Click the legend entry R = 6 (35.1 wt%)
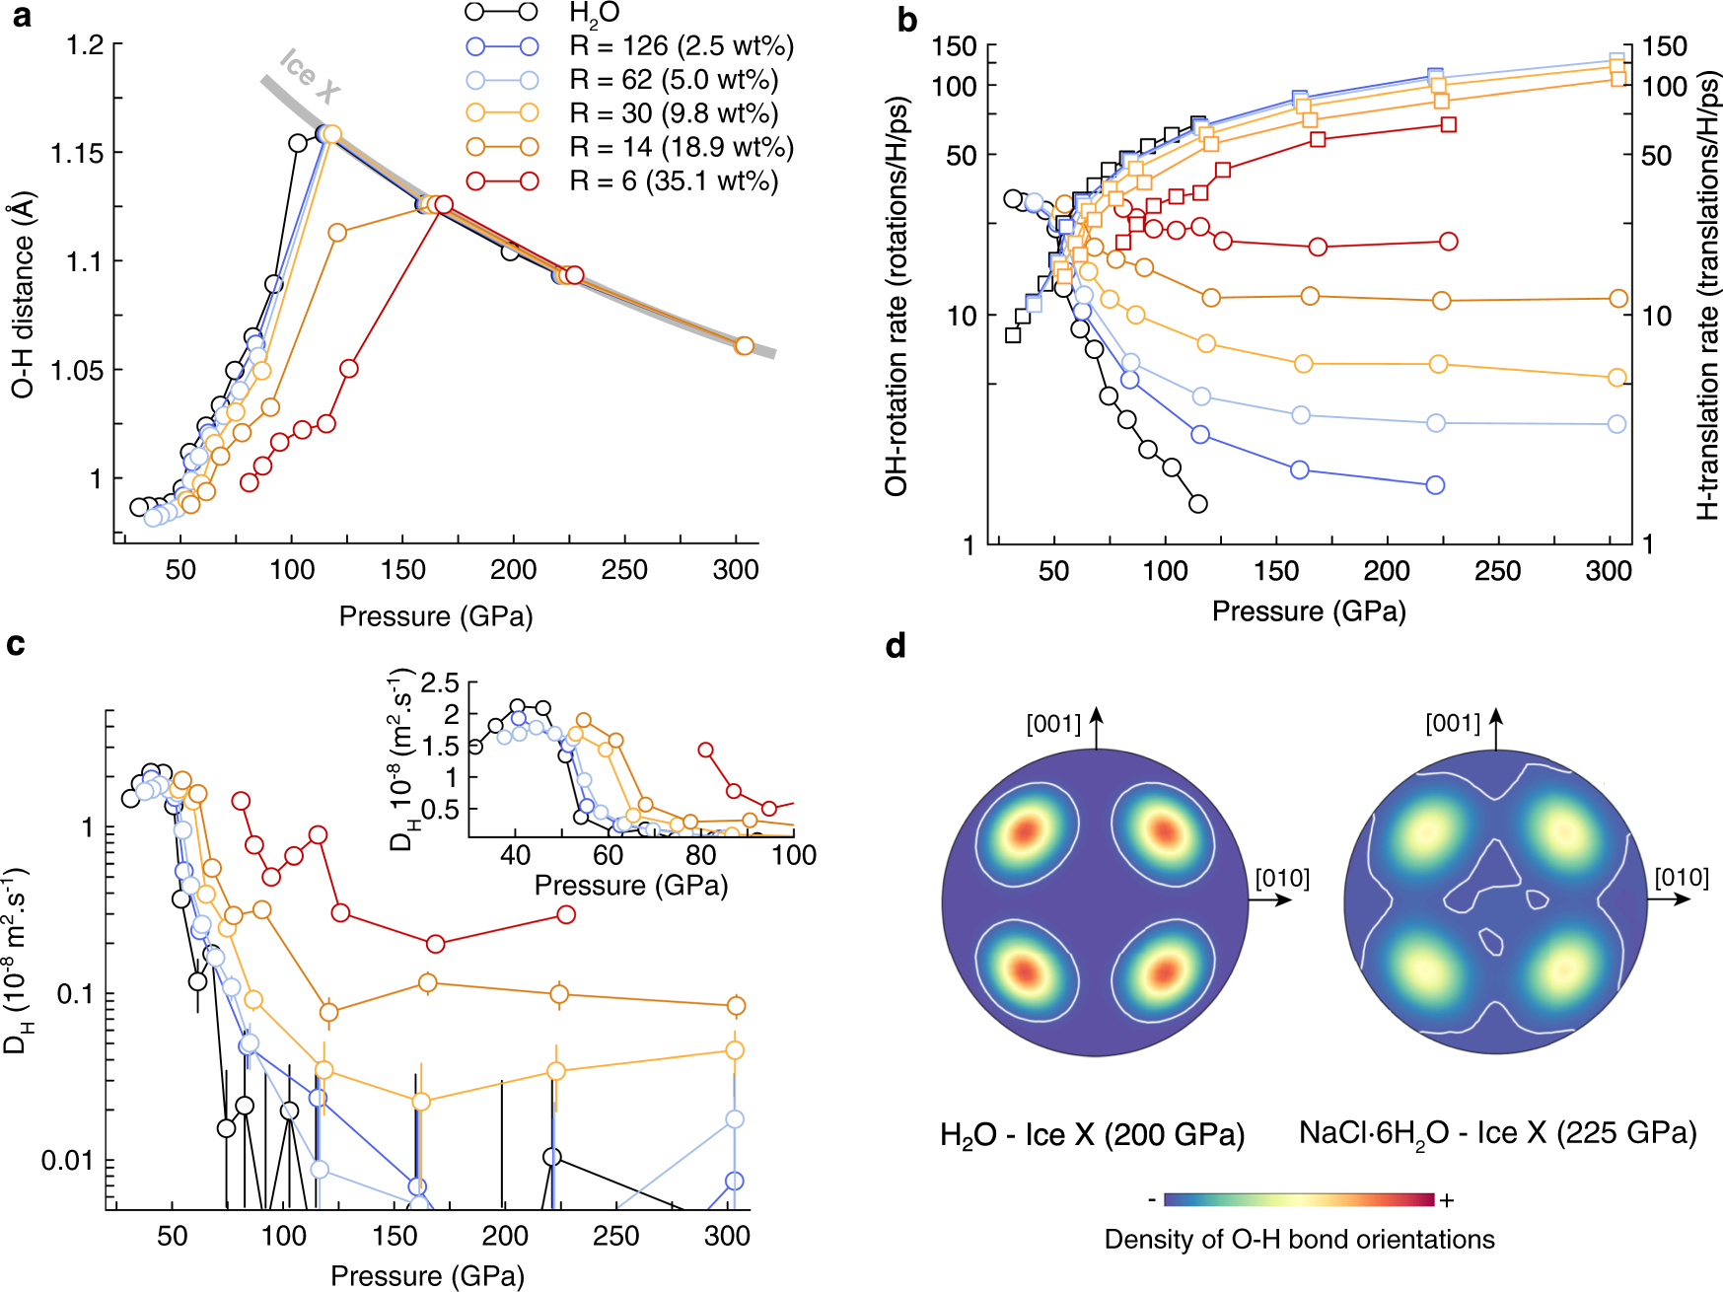(x=674, y=181)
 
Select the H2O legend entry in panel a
(x=594, y=14)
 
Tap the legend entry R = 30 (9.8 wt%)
(x=674, y=113)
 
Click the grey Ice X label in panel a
(x=310, y=76)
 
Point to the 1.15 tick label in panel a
(x=77, y=153)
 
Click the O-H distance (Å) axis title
(x=23, y=294)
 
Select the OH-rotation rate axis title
(x=897, y=296)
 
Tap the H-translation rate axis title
(x=1708, y=296)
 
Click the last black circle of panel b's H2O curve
(x=1197, y=504)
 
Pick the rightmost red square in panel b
(x=1448, y=124)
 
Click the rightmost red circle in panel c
(x=566, y=914)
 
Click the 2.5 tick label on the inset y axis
(x=440, y=682)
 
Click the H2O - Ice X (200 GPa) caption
(x=1092, y=1135)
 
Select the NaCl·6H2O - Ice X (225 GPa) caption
(x=1497, y=1133)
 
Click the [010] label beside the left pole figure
(x=1282, y=878)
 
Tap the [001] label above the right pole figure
(x=1453, y=723)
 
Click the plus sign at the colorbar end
(x=1447, y=1200)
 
